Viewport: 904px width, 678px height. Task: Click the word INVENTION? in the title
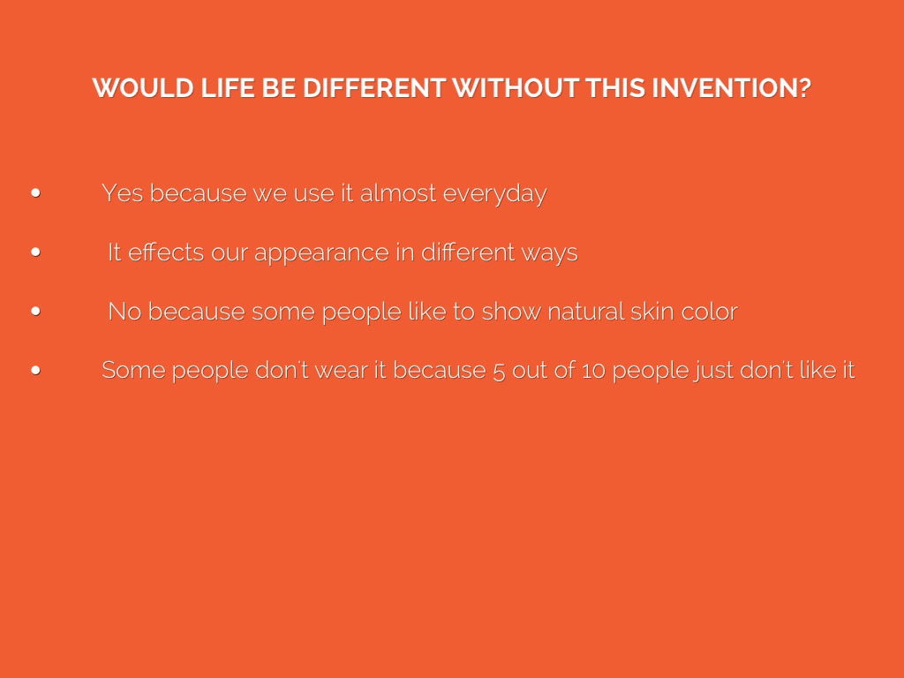click(731, 88)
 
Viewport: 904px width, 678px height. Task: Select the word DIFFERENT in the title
click(374, 88)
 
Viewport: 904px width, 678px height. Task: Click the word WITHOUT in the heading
click(516, 88)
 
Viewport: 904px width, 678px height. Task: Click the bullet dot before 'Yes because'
click(35, 192)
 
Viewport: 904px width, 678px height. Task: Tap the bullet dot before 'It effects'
click(35, 252)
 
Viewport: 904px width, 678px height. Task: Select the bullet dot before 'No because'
click(35, 311)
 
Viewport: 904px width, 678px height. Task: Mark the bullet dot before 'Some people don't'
click(35, 370)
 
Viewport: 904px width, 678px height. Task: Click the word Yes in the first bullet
click(122, 193)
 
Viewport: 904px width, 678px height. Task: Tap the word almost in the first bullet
click(398, 193)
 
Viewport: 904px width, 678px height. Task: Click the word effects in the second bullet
click(166, 252)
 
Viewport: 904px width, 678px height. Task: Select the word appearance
click(321, 254)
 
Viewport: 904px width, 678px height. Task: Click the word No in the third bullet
click(124, 312)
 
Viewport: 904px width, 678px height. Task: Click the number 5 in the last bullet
click(499, 371)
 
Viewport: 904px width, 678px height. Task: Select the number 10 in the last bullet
click(593, 371)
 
